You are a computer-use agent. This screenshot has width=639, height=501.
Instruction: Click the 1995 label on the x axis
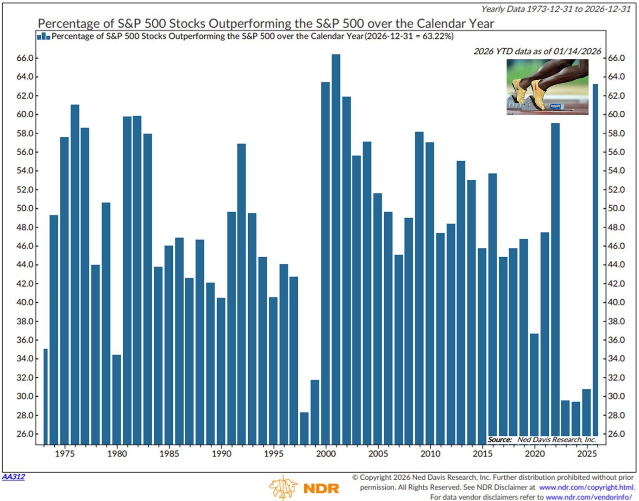tap(274, 454)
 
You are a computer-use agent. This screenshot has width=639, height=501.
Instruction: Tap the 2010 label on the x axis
tap(430, 454)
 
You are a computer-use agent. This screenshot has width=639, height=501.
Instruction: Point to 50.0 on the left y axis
tap(25, 209)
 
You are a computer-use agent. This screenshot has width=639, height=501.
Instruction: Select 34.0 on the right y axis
tap(616, 359)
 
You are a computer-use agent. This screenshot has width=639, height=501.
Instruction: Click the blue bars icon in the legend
tap(43, 36)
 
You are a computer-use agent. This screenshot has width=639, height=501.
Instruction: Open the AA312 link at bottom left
tap(13, 476)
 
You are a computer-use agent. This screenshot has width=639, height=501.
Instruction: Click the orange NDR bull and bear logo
tap(283, 488)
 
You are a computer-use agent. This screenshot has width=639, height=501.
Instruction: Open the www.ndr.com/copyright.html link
tap(587, 487)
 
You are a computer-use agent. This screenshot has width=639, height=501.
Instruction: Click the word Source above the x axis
tap(500, 439)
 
